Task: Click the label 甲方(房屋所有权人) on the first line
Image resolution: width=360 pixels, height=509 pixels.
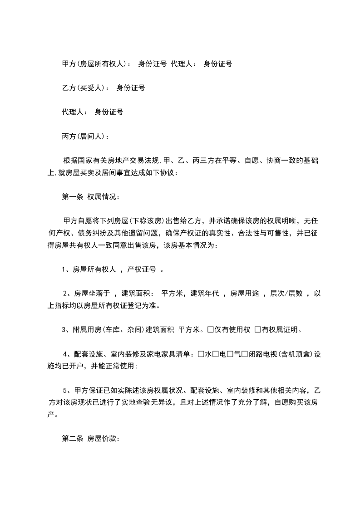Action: click(95, 64)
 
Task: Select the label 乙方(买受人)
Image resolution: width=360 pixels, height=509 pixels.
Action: click(84, 88)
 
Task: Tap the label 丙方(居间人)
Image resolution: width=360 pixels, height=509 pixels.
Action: click(84, 136)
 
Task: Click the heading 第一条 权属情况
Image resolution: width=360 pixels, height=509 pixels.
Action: click(90, 197)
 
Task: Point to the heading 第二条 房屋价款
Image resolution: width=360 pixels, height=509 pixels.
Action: click(90, 439)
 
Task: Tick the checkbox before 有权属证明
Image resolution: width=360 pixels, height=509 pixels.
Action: click(257, 330)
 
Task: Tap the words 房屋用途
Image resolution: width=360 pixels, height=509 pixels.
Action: click(245, 294)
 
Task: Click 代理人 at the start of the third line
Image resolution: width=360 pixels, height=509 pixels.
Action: click(73, 112)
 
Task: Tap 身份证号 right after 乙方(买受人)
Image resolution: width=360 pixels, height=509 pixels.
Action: click(131, 88)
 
